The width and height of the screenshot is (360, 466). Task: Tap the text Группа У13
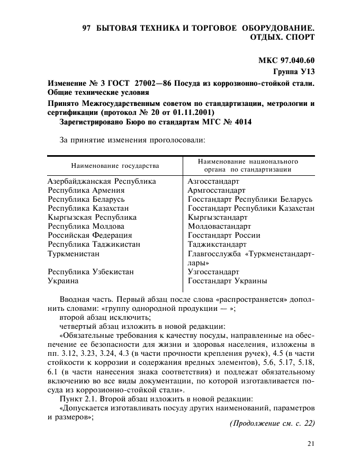tap(293, 71)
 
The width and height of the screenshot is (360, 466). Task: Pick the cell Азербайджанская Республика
tap(102, 181)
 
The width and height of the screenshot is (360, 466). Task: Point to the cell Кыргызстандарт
tap(218, 217)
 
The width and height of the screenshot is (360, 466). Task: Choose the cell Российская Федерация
tap(90, 235)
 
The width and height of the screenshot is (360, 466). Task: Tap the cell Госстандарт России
tap(224, 235)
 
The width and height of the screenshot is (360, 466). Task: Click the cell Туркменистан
tap(74, 254)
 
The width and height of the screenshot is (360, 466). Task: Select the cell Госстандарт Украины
tap(227, 281)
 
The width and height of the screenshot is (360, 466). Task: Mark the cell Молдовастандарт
tap(219, 226)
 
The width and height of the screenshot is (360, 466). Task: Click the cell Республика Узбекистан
tap(91, 272)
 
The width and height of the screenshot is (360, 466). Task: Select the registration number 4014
tap(241, 122)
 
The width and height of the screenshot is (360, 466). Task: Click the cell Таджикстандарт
tap(217, 244)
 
